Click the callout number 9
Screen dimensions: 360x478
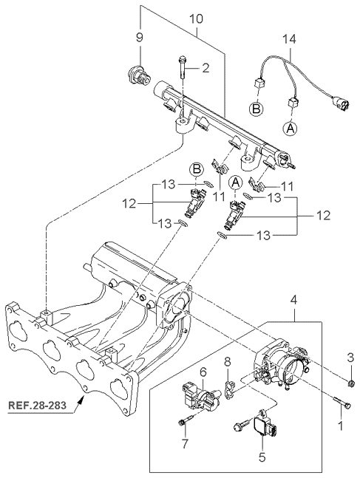[x=139, y=38]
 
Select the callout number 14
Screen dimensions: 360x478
[x=288, y=39]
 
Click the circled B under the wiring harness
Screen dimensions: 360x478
[x=256, y=109]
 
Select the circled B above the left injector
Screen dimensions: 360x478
[x=197, y=170]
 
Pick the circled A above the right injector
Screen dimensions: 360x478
[x=235, y=182]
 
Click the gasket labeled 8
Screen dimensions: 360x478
[x=229, y=389]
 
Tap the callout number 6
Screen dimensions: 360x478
[x=203, y=372]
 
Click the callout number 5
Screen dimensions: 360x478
[x=262, y=457]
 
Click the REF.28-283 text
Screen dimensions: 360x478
[x=37, y=406]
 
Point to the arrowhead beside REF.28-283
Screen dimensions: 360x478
[x=82, y=399]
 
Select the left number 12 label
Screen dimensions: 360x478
[x=129, y=203]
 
